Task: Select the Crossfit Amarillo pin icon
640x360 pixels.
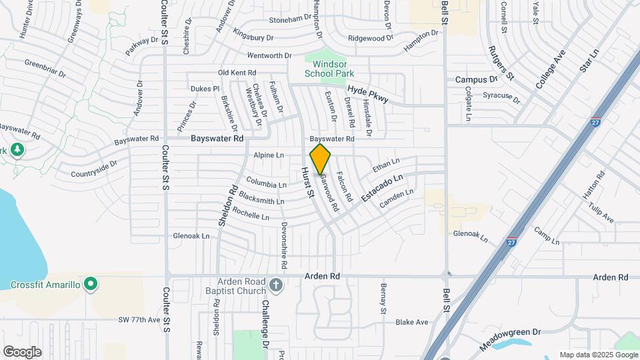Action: pyautogui.click(x=92, y=285)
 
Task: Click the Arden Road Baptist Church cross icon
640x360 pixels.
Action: pyautogui.click(x=276, y=286)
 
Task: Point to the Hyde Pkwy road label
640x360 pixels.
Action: pyautogui.click(x=367, y=94)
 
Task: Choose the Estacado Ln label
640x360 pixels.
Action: pyautogui.click(x=383, y=189)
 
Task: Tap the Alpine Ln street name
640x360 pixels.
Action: pyautogui.click(x=269, y=155)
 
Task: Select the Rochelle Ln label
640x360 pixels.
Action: pyautogui.click(x=251, y=215)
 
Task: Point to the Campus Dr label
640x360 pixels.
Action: pyautogui.click(x=477, y=79)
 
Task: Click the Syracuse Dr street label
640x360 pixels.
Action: pyautogui.click(x=501, y=96)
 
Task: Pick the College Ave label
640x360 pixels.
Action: pyautogui.click(x=551, y=69)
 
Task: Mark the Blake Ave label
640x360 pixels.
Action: pyautogui.click(x=411, y=322)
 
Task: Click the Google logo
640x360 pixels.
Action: pyautogui.click(x=22, y=351)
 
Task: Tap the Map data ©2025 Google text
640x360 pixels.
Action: pyautogui.click(x=597, y=355)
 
